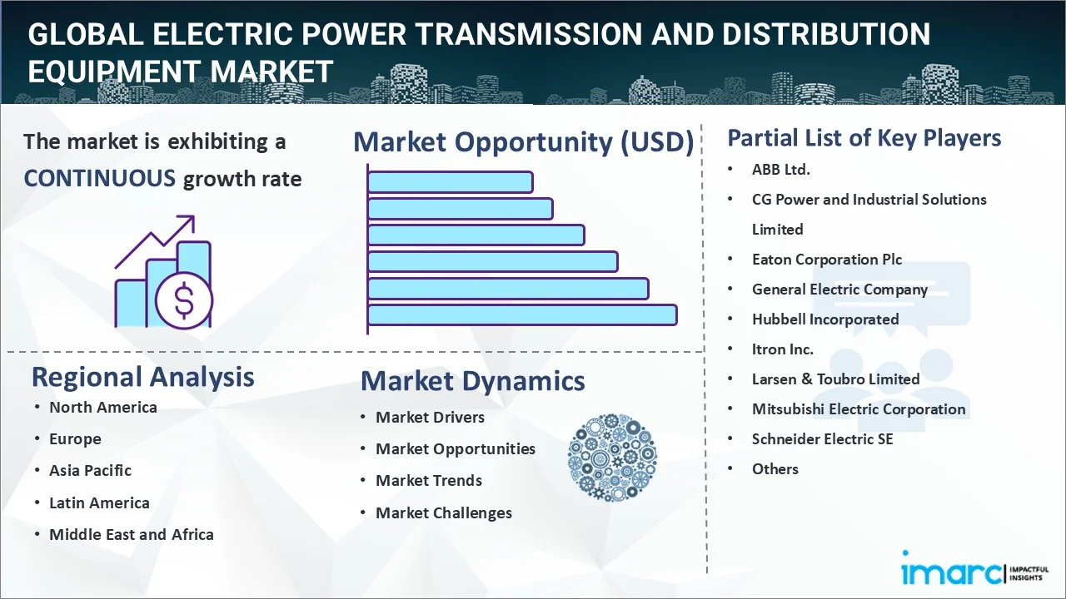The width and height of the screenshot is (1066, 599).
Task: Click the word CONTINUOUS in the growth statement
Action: [x=100, y=179]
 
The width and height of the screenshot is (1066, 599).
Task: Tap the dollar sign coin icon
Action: [x=184, y=301]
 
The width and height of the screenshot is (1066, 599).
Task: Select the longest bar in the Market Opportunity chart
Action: [x=522, y=315]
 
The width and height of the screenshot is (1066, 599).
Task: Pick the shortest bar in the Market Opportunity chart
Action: [x=451, y=182]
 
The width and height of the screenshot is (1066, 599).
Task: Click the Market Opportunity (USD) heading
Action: [x=524, y=142]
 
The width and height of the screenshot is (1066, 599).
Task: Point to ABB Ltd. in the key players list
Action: [x=781, y=169]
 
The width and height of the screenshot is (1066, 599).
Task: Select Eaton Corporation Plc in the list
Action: [x=827, y=260]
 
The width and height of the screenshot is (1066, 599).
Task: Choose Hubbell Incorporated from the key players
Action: [x=825, y=319]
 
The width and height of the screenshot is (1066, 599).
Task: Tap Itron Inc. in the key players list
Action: [x=782, y=349]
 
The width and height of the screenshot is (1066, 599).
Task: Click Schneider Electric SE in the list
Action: [x=822, y=438]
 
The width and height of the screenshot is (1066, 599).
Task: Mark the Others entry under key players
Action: [x=775, y=469]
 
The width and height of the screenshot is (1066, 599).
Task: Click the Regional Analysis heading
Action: [x=142, y=378]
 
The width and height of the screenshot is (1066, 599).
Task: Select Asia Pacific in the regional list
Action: [x=91, y=471]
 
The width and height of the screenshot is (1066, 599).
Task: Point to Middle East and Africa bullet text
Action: [x=132, y=534]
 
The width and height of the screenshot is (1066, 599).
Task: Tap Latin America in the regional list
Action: [x=99, y=502]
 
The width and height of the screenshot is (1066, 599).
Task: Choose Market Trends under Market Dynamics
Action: [x=429, y=481]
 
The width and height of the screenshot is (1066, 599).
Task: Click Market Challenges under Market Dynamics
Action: [x=444, y=513]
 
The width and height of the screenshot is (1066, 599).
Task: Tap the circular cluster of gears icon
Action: [x=612, y=458]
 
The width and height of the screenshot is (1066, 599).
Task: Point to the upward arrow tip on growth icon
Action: [x=194, y=217]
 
